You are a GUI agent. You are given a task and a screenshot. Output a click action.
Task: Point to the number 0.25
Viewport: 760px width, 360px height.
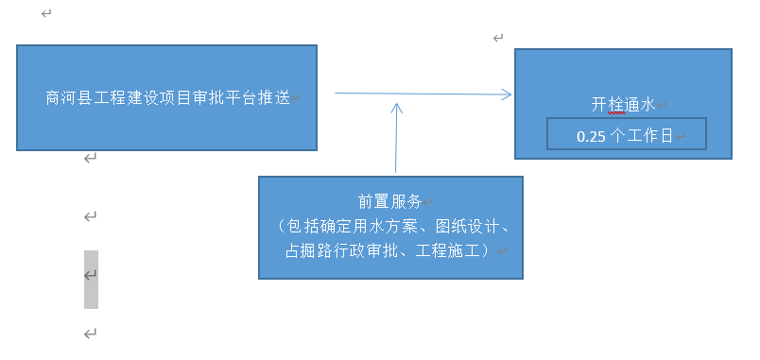coord(591,136)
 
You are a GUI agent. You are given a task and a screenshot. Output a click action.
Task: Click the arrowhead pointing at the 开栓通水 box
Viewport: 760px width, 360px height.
coord(507,94)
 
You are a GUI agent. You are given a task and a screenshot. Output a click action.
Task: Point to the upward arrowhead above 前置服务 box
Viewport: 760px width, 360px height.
coord(397,107)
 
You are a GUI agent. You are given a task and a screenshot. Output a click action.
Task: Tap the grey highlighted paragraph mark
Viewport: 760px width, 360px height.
coord(91,276)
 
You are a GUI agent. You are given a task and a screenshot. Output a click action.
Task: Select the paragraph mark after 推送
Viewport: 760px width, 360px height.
coord(297,98)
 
